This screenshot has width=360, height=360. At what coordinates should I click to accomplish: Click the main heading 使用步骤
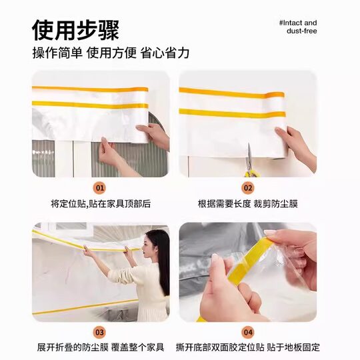76,29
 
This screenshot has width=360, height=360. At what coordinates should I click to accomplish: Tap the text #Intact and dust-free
298,27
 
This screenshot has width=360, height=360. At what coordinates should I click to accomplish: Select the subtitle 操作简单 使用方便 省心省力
111,53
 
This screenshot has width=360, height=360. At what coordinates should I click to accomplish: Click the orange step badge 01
100,189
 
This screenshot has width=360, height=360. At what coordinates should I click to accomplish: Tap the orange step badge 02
247,189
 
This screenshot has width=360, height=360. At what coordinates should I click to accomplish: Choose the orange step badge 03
100,331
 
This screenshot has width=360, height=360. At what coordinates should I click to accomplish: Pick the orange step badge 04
247,331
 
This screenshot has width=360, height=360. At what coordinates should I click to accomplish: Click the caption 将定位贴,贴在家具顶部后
101,204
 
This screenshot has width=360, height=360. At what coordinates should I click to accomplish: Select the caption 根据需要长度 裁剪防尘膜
247,204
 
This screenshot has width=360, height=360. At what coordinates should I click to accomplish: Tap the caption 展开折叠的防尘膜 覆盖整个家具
101,347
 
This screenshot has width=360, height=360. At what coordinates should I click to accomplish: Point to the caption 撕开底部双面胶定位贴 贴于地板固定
247,347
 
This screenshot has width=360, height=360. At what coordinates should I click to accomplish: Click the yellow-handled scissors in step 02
250,163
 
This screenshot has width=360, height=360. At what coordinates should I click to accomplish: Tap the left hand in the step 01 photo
111,155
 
